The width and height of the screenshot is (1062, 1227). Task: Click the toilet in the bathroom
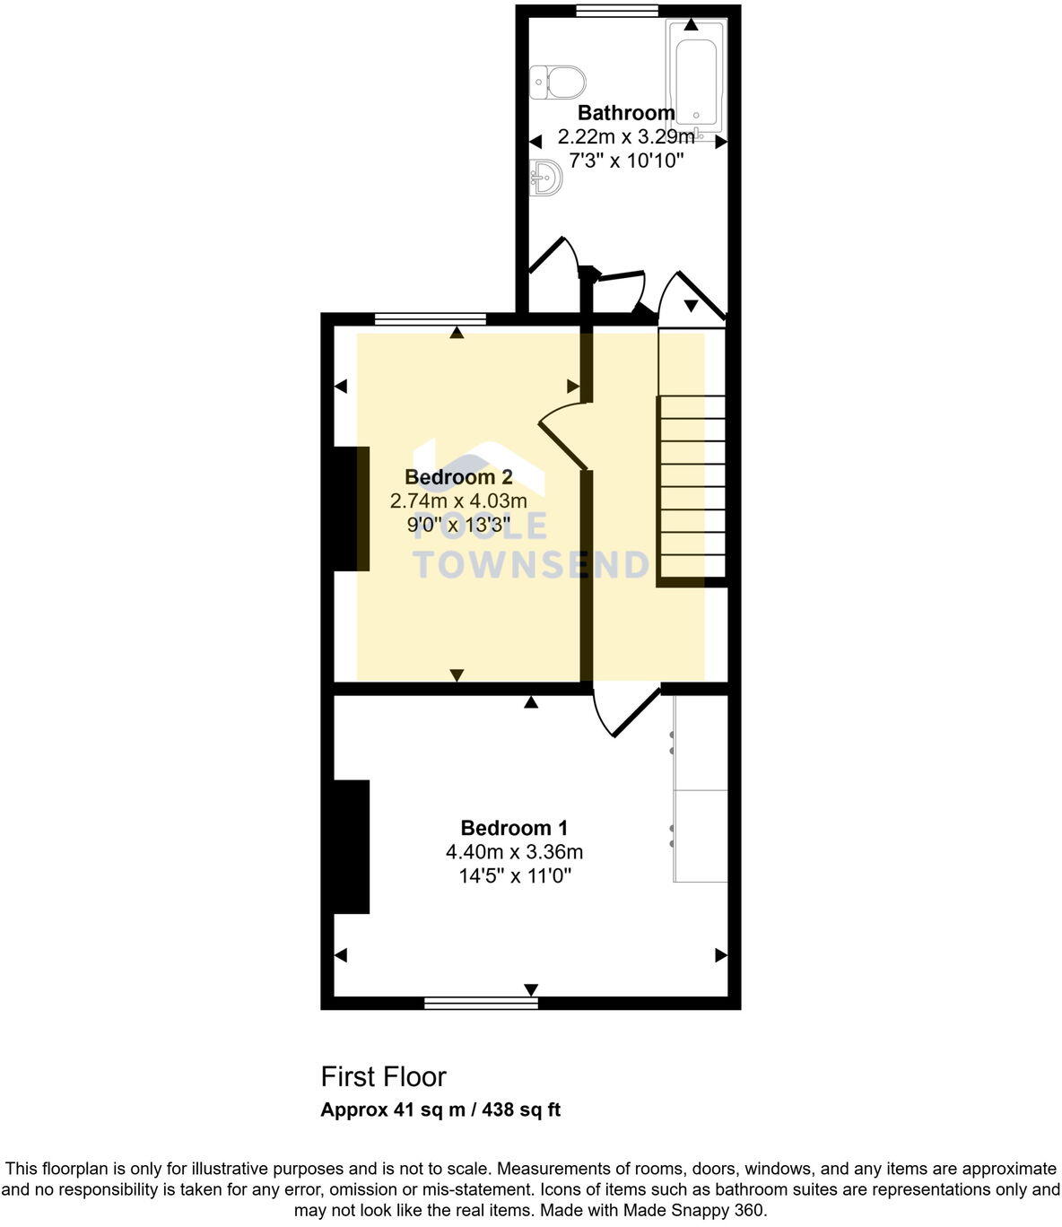point(558,83)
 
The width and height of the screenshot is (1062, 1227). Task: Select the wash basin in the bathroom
point(545,177)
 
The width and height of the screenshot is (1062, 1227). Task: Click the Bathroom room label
point(626,113)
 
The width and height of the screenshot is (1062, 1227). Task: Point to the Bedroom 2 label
point(458,476)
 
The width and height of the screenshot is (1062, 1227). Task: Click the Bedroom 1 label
point(514,828)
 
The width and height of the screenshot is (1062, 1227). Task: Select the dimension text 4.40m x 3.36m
point(514,852)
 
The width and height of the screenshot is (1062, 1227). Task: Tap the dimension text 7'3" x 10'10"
point(626,161)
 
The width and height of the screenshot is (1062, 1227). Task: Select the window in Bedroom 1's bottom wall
point(481,1003)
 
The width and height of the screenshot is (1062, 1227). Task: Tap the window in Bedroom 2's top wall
point(431,318)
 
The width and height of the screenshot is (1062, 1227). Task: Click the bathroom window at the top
point(616,11)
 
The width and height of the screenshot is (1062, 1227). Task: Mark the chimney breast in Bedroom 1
point(351,847)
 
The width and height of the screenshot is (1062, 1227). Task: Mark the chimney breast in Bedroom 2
point(351,509)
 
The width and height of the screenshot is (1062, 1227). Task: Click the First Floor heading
point(383,1076)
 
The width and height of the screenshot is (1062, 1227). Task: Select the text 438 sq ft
point(521,1110)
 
